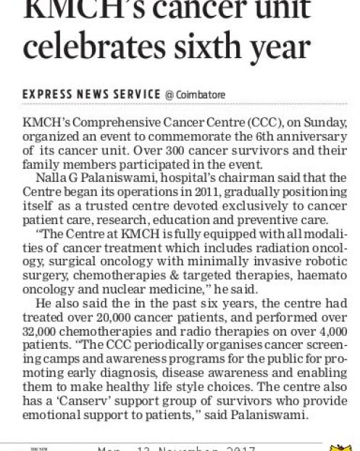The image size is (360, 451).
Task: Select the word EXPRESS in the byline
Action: pyautogui.click(x=50, y=94)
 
